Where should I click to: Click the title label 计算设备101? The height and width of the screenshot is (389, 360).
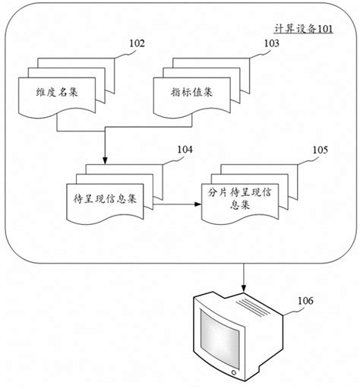tap(302, 28)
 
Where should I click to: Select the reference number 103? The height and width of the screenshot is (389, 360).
tap(270, 44)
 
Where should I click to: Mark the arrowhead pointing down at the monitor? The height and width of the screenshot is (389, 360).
tap(243, 289)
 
